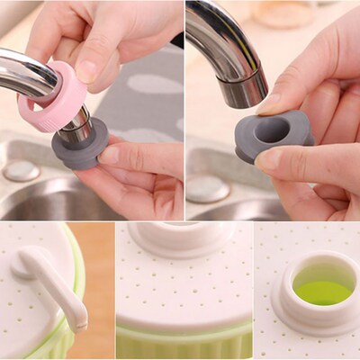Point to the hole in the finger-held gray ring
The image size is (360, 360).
[272, 130]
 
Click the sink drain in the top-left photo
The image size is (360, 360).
[21, 171]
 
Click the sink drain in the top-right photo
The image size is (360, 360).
[207, 187]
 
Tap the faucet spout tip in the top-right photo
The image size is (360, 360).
[243, 90]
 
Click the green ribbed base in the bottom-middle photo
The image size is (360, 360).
[184, 342]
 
